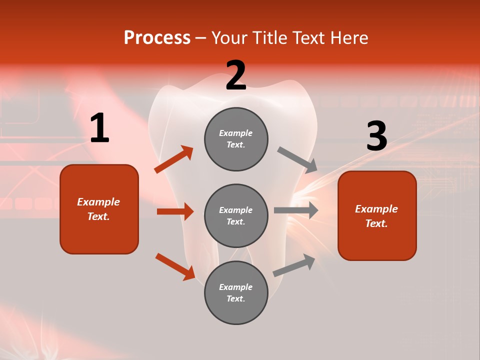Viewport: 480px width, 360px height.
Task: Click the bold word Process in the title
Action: pos(157,38)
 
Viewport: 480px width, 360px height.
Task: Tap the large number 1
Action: pos(99,128)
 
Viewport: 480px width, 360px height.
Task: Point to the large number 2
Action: pos(236,75)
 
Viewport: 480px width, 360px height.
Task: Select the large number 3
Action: pos(376,136)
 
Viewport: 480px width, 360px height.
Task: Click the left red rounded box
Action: pos(99,209)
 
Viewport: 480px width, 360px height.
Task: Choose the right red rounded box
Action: pos(377,215)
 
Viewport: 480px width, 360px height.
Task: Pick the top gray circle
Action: pos(236,139)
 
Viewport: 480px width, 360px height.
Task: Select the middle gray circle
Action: pos(236,215)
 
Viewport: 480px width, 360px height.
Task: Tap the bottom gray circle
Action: pos(236,292)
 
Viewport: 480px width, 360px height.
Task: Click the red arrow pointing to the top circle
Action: pos(174,159)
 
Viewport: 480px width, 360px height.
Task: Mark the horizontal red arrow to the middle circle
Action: pos(175,211)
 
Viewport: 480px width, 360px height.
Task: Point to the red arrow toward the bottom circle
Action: pos(175,266)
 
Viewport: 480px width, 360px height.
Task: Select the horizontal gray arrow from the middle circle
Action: pos(296,210)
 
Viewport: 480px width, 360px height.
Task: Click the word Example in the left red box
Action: pos(98,202)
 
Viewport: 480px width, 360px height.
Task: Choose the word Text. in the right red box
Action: pos(376,223)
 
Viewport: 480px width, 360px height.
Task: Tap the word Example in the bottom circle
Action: pos(235,287)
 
